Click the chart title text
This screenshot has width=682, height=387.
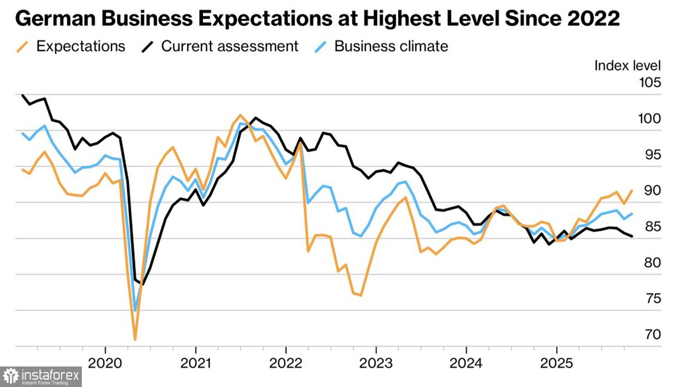coord(317,19)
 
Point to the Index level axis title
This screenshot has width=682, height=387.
coord(627,66)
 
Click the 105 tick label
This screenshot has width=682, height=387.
coord(650,82)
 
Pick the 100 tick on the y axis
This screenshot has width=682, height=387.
coord(650,118)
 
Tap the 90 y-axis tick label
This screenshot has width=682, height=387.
coord(652,190)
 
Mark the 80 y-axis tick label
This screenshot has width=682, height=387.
coord(652,262)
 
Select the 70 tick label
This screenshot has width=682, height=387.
coord(652,334)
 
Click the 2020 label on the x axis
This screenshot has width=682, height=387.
coord(105,363)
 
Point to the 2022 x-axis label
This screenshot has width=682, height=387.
coord(286,363)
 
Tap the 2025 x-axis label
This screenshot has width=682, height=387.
coord(557,363)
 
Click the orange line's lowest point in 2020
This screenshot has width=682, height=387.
coord(135,339)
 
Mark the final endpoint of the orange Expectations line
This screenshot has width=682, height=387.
coord(632,191)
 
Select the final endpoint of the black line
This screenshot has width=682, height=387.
coord(632,236)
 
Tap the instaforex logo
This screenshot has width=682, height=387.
coord(41,377)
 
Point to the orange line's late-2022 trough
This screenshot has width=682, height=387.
coord(361,295)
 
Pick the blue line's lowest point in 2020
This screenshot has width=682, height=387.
coord(135,311)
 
